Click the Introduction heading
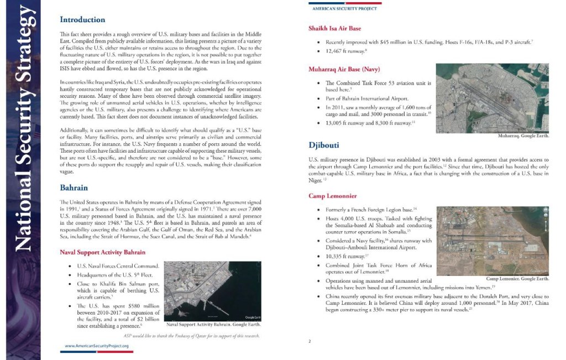point(82,20)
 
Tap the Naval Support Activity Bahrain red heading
point(103,252)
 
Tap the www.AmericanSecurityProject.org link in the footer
point(97,346)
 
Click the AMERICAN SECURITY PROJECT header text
point(344,9)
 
